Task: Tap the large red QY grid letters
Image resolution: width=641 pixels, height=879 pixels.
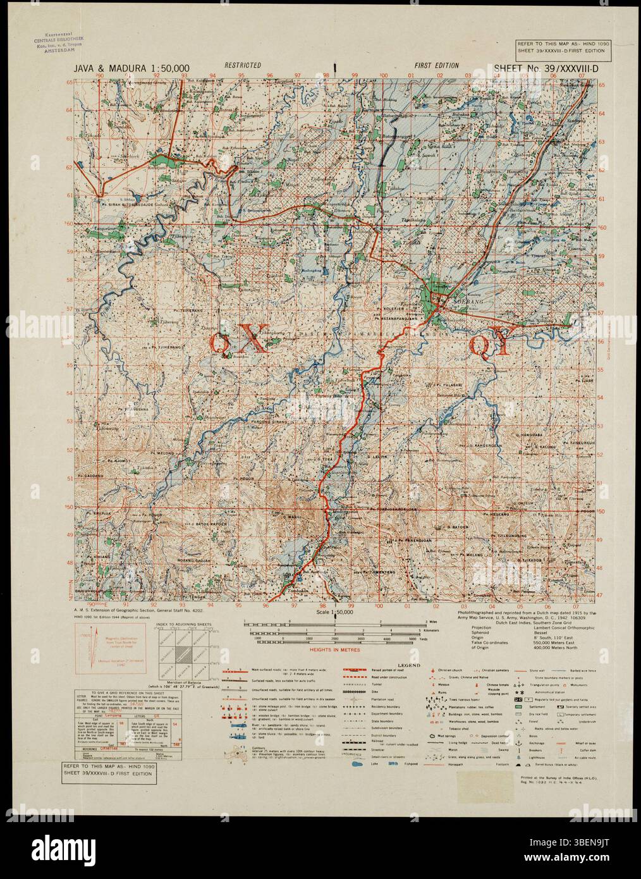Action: [489, 346]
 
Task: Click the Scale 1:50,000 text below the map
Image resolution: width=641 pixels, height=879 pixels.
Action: [334, 613]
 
